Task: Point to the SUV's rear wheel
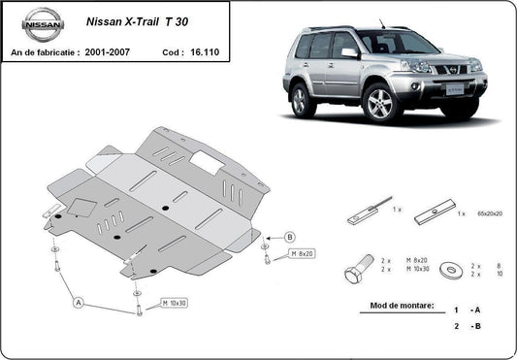click(304, 99)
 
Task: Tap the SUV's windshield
click(393, 42)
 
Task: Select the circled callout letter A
click(80, 303)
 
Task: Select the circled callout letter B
click(289, 237)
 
